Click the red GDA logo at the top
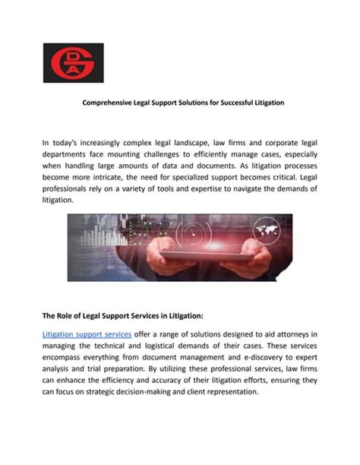[x=73, y=63]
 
